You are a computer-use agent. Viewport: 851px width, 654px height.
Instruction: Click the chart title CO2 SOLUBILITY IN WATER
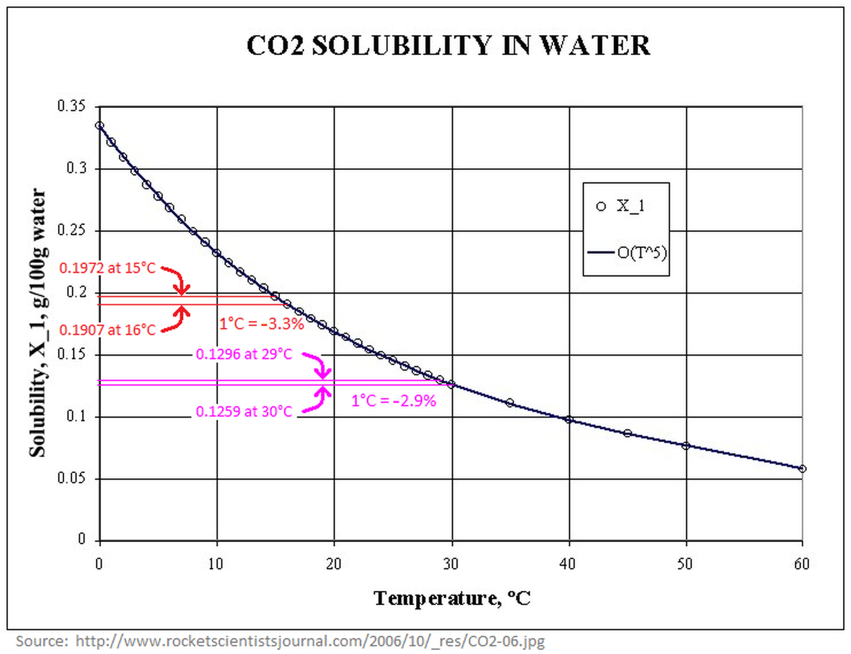coord(448,45)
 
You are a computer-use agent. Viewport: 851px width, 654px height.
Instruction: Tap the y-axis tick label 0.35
coord(71,106)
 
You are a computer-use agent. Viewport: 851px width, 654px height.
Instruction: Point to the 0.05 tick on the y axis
coord(71,478)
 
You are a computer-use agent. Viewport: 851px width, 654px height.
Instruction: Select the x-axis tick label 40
coord(567,565)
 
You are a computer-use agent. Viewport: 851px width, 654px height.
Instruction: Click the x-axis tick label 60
coord(802,565)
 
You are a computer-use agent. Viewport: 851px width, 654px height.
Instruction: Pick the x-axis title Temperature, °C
coord(452,598)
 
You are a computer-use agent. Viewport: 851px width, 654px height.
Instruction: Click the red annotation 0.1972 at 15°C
coord(107,268)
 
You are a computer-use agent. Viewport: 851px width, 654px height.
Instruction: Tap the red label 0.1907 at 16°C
coord(107,330)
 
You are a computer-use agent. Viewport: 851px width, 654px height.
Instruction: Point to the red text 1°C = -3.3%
coord(261,324)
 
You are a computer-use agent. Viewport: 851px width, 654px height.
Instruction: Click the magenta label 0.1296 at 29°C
coord(244,354)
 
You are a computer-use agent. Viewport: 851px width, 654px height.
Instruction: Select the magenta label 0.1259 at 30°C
coord(244,411)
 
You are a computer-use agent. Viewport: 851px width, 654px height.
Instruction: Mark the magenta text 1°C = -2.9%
coord(393,400)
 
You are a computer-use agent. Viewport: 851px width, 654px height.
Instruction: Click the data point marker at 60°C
coord(802,469)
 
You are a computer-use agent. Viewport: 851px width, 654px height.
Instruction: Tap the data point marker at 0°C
coord(100,126)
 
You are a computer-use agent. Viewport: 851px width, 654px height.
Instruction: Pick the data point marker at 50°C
coord(686,446)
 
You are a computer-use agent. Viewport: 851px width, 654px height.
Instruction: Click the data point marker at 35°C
coord(510,403)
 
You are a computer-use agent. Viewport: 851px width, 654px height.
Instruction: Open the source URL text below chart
coord(310,641)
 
